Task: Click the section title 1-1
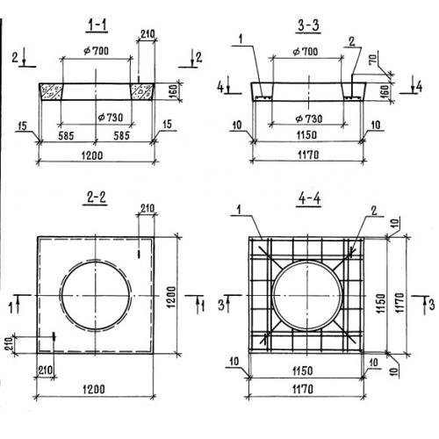pyautogui.click(x=97, y=25)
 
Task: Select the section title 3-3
pyautogui.click(x=308, y=25)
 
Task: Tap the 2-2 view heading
pyautogui.click(x=96, y=198)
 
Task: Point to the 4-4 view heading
pyautogui.click(x=309, y=198)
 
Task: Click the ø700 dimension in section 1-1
pyautogui.click(x=96, y=51)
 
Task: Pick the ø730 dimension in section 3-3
pyautogui.click(x=309, y=119)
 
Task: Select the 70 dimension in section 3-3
pyautogui.click(x=372, y=60)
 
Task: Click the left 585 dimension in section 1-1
pyautogui.click(x=66, y=136)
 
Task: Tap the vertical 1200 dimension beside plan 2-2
pyautogui.click(x=171, y=297)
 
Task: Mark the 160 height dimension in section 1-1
pyautogui.click(x=173, y=91)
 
